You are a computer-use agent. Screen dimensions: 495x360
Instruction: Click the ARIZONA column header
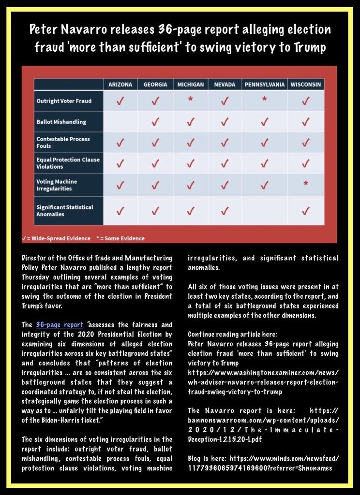(x=120, y=85)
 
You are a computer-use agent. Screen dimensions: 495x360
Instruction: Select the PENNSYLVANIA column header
(x=264, y=85)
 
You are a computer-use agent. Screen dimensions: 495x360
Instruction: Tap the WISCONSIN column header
(x=306, y=85)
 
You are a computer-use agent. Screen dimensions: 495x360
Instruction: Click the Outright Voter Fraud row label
(x=64, y=101)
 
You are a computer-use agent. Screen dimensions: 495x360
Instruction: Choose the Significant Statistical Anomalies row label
(x=65, y=210)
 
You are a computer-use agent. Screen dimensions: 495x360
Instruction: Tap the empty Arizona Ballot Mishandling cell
(x=120, y=121)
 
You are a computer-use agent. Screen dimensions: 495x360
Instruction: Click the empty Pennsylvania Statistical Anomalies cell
(x=264, y=210)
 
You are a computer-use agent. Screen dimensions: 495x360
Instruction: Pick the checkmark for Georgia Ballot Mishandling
(x=155, y=122)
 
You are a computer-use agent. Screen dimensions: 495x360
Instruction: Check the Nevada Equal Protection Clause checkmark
(x=225, y=163)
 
